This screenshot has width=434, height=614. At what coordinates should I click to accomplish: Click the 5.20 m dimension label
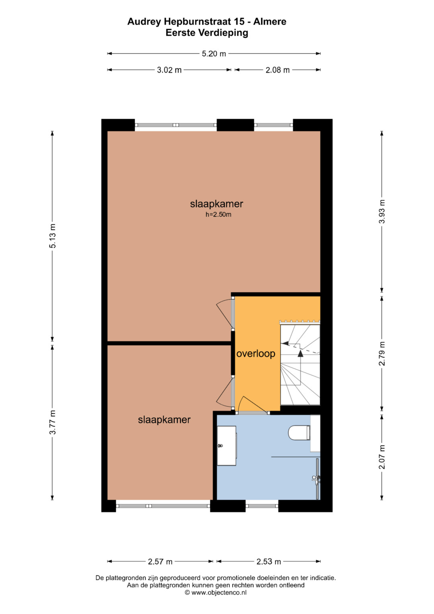214,54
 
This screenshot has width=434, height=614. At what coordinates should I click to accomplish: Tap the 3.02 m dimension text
169,70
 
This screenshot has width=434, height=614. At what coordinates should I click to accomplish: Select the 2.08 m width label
278,70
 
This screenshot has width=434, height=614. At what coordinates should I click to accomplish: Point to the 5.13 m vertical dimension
52,236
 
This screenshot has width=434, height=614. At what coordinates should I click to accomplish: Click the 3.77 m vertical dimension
52,422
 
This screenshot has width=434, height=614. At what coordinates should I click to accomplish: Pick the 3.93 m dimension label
382,212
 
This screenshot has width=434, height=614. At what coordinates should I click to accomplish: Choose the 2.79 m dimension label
382,353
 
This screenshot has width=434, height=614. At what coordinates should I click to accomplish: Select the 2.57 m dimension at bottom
160,562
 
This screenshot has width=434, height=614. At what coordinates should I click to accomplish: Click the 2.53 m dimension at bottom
268,562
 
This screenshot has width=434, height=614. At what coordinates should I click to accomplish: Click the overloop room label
256,353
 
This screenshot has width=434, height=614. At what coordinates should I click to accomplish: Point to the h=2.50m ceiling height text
218,214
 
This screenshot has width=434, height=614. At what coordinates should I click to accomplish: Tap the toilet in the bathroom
299,433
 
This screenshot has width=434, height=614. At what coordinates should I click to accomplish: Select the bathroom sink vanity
227,446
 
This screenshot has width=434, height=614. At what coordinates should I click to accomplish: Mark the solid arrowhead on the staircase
301,353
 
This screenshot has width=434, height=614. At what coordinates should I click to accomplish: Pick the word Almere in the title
270,22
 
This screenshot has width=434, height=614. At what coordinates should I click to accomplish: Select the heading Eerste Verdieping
207,33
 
